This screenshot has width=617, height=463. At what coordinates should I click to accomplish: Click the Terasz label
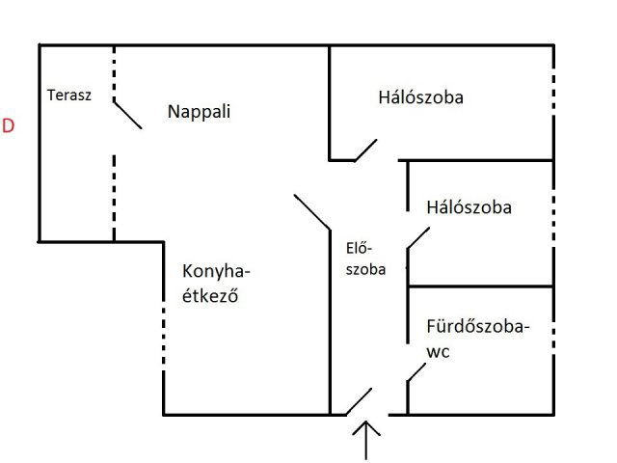[69, 95]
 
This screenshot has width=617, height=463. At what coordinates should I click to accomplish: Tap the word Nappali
[200, 111]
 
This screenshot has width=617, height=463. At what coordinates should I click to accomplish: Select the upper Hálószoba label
[420, 97]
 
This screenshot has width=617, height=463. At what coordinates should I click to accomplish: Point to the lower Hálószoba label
[469, 206]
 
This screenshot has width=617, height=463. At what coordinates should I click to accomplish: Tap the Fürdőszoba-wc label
[477, 339]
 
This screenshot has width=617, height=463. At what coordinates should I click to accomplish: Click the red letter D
[9, 126]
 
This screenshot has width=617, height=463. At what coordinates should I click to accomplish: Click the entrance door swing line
[359, 400]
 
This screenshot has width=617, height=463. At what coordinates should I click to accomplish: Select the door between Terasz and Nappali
[127, 114]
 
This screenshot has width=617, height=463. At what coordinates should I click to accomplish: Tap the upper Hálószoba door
[364, 150]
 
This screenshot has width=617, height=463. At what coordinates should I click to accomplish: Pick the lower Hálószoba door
[418, 238]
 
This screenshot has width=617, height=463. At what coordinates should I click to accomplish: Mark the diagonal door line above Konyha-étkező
[311, 212]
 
